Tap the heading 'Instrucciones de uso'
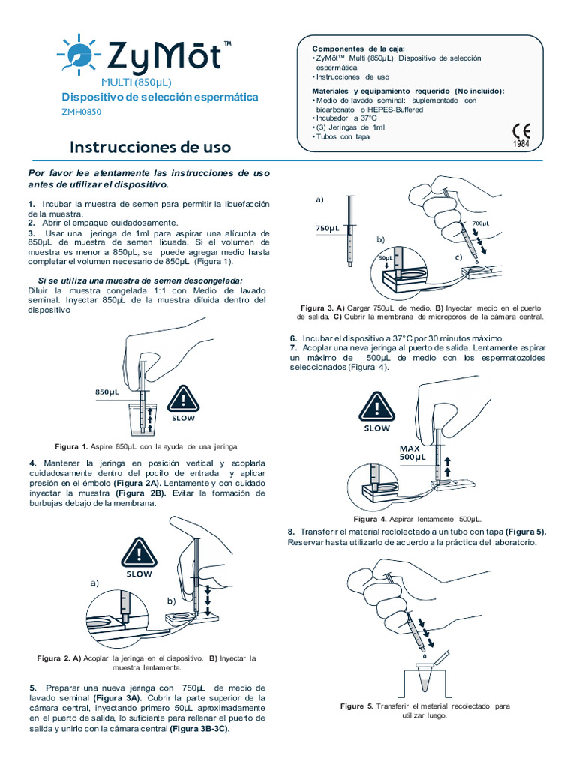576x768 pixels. pyautogui.click(x=151, y=147)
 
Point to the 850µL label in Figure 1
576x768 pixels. pyautogui.click(x=107, y=391)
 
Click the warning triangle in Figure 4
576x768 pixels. pyautogui.click(x=376, y=408)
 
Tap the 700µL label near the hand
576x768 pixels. pyautogui.click(x=481, y=223)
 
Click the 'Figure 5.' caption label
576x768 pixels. pyautogui.click(x=356, y=706)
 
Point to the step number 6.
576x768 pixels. pyautogui.click(x=293, y=338)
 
